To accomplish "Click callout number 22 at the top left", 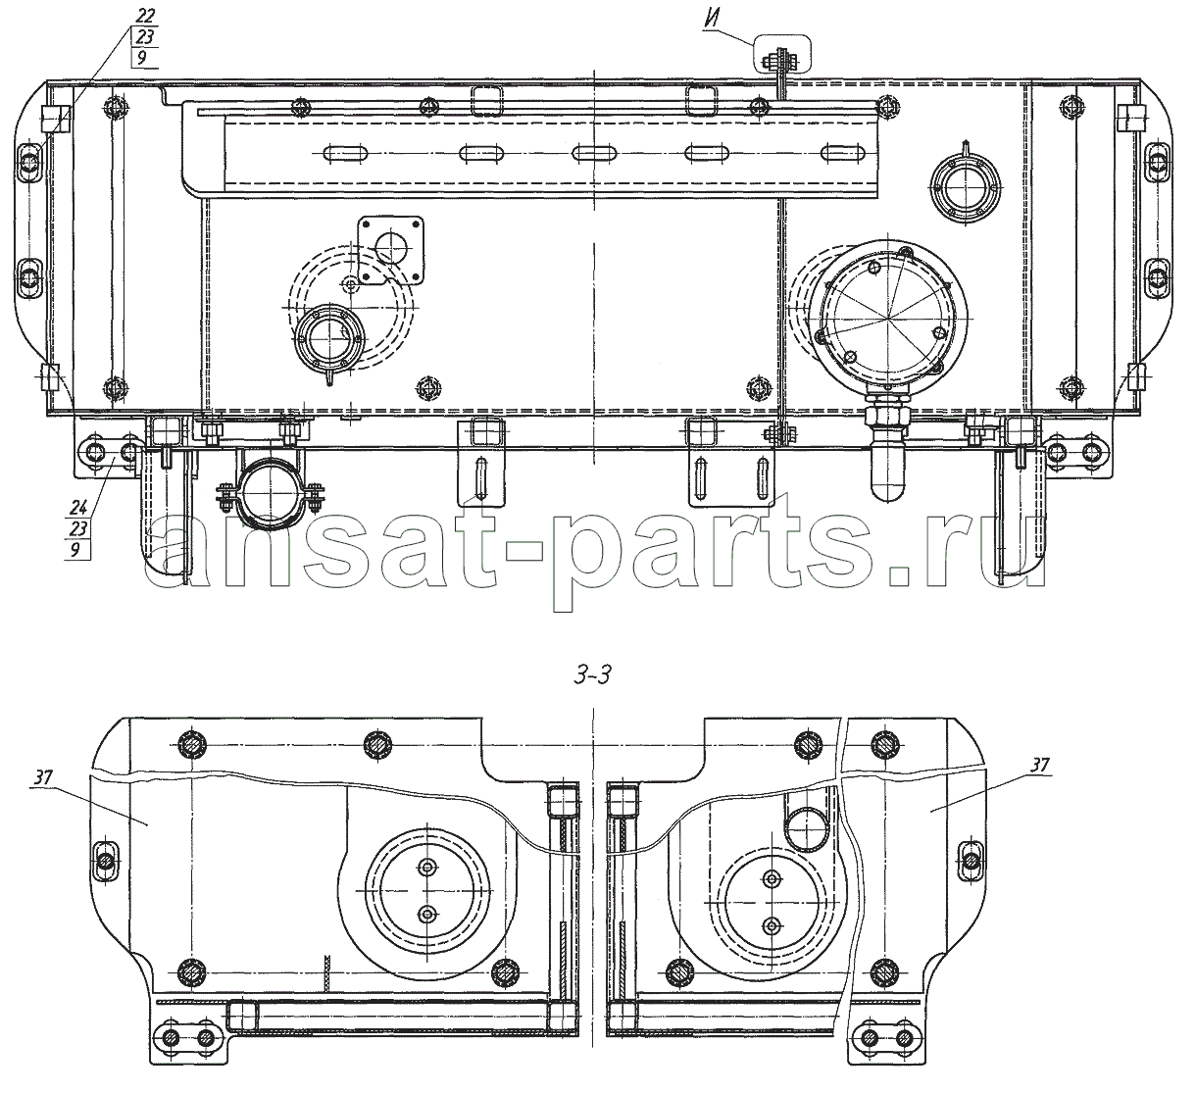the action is click(x=145, y=16).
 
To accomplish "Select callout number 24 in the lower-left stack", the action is click(x=78, y=508).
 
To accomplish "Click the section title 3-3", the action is click(x=593, y=675).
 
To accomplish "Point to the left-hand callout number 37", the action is click(x=44, y=777).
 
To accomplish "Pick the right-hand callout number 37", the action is click(x=1039, y=766).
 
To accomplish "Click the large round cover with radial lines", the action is click(x=892, y=315).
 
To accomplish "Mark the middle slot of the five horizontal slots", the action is click(x=593, y=153).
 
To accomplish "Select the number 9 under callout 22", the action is click(x=142, y=59).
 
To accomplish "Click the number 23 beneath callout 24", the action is click(x=78, y=528).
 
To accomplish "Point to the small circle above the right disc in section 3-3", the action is click(x=808, y=829).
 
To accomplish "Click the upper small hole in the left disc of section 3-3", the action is click(x=426, y=867).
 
